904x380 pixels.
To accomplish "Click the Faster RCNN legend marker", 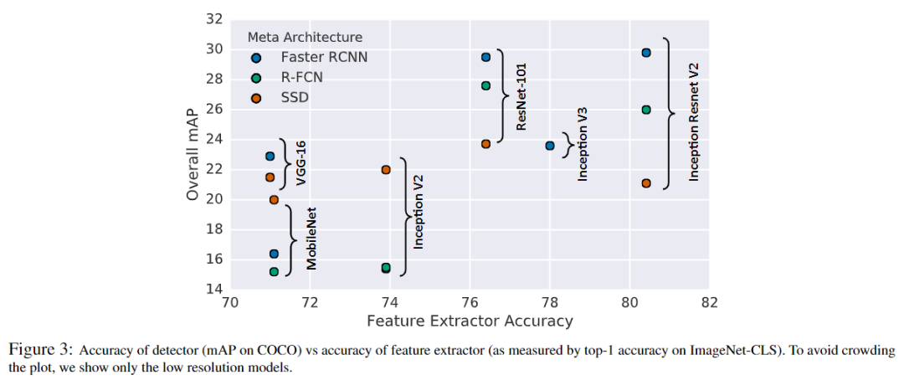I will (x=256, y=58).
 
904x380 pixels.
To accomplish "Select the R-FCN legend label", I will (x=302, y=78).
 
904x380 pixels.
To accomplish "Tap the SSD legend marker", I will (x=256, y=98).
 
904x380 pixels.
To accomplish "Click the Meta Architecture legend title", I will (x=305, y=37).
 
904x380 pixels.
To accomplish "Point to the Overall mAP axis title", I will (x=193, y=154).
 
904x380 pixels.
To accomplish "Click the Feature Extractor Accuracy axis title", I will (x=470, y=321).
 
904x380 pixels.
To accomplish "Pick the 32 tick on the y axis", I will (x=213, y=18).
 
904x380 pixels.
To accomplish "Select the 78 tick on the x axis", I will (x=549, y=301).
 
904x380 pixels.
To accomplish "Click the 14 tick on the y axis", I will (x=213, y=289).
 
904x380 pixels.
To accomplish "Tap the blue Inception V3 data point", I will (x=550, y=146).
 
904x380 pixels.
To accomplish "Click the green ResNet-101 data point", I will (x=485, y=85).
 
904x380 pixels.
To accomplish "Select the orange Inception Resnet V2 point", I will (x=646, y=183).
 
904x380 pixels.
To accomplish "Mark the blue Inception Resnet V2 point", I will (x=646, y=53).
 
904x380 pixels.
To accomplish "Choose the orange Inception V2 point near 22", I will (x=386, y=170).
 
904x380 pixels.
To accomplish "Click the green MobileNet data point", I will (x=274, y=272).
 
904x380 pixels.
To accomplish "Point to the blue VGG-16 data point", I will (x=270, y=157).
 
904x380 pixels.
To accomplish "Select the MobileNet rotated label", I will (x=311, y=239).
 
